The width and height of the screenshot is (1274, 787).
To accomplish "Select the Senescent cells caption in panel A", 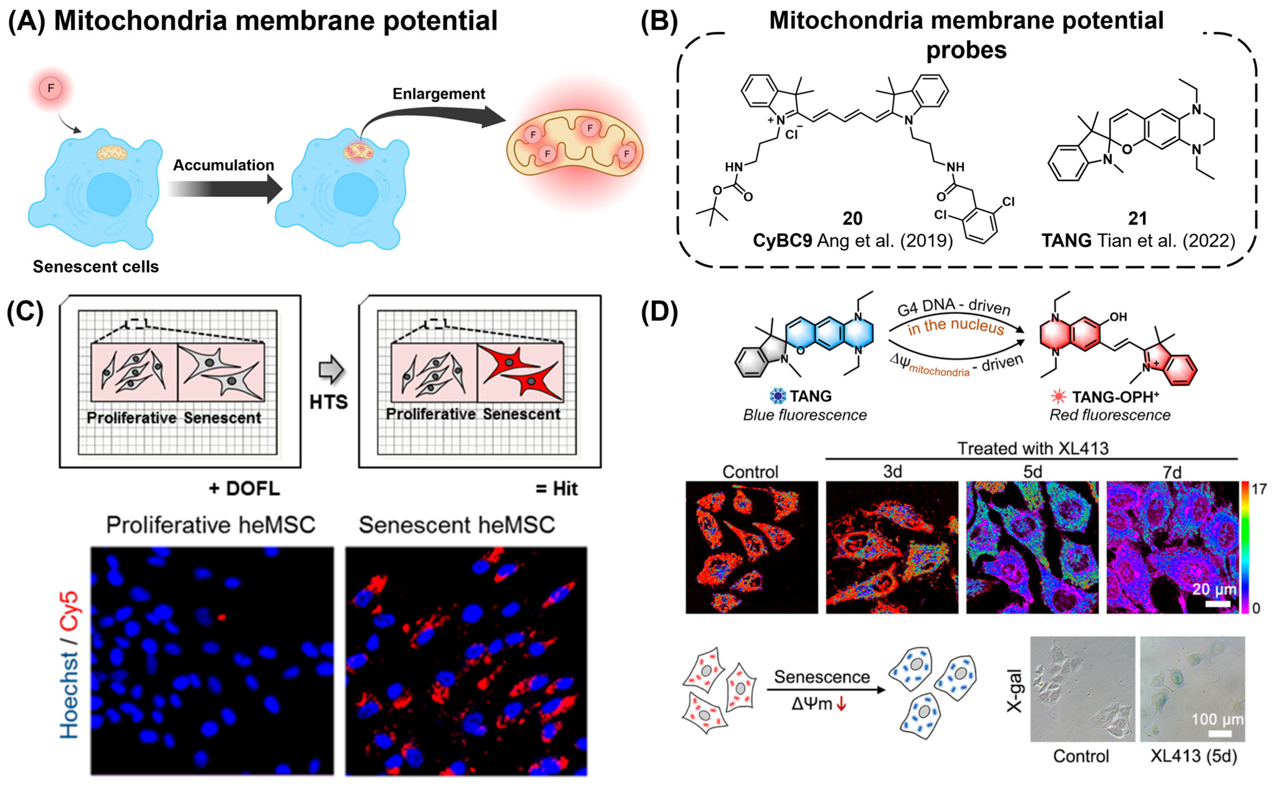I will coord(96,267).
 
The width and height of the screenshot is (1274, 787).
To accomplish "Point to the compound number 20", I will coord(852,218).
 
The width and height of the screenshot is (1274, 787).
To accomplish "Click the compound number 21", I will coord(1137,218).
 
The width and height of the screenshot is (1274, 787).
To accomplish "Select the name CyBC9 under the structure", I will coord(782,241).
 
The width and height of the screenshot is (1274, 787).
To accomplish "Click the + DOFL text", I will coord(244,489).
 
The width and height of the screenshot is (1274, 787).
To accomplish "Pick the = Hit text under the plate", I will coord(556,489).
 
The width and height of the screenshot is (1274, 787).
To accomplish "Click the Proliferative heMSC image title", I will coord(211,525).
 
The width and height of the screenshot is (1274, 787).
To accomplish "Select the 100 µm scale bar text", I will coord(1217,719).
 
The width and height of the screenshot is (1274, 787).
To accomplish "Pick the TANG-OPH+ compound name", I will coord(1115,397).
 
